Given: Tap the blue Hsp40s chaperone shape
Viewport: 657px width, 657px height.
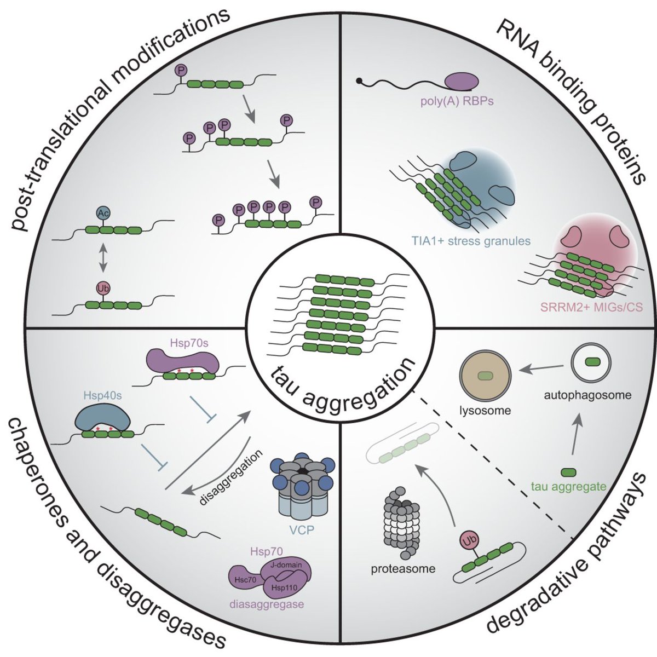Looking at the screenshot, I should [x=102, y=419].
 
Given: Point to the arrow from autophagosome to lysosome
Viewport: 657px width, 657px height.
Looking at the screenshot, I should [x=542, y=370].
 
